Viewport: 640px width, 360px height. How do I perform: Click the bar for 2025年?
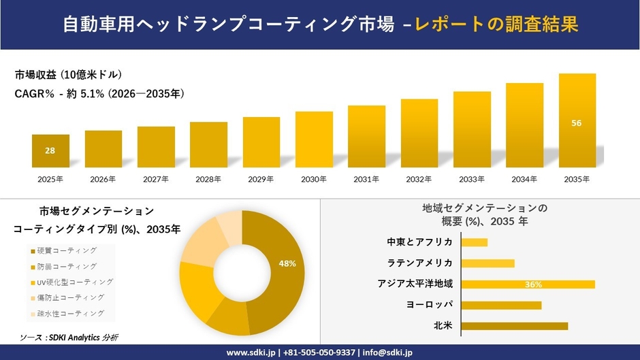pos(50,151)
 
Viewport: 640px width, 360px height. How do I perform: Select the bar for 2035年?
pos(577,121)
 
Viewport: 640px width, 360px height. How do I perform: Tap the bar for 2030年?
pos(314,140)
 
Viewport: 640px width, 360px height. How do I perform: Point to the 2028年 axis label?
pos(208,180)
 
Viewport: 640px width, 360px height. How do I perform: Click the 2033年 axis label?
pos(472,180)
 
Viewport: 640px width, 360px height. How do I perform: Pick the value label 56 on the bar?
pos(577,123)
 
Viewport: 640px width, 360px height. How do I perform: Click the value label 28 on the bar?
pos(50,150)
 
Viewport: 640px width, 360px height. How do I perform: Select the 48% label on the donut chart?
pos(287,263)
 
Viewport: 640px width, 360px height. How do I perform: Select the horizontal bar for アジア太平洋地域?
pos(528,284)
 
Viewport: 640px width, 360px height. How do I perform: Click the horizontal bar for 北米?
pos(514,326)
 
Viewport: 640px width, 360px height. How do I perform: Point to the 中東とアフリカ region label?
pos(419,242)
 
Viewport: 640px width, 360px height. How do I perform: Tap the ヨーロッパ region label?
pos(429,305)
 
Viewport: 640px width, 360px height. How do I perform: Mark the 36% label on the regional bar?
pos(533,284)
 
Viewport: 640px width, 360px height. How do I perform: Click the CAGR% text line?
pos(99,93)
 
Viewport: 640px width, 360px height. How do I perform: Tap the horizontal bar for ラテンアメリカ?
pos(487,263)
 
